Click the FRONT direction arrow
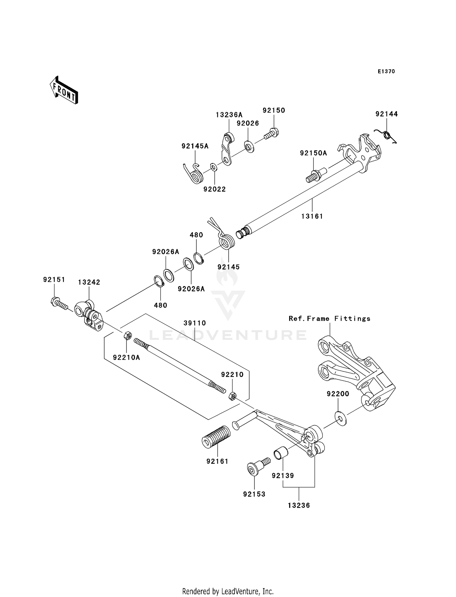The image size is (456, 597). pyautogui.click(x=64, y=90)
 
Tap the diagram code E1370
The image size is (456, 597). pyautogui.click(x=386, y=72)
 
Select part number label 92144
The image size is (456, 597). pyautogui.click(x=386, y=114)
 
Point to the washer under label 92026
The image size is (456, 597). pyautogui.click(x=249, y=147)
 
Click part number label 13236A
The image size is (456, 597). pyautogui.click(x=229, y=115)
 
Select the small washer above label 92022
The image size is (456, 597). pyautogui.click(x=214, y=167)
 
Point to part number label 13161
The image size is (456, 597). pyautogui.click(x=312, y=216)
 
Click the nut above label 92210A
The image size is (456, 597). pyautogui.click(x=128, y=336)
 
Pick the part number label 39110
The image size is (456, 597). pyautogui.click(x=195, y=323)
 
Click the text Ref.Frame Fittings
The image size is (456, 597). pyautogui.click(x=330, y=319)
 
